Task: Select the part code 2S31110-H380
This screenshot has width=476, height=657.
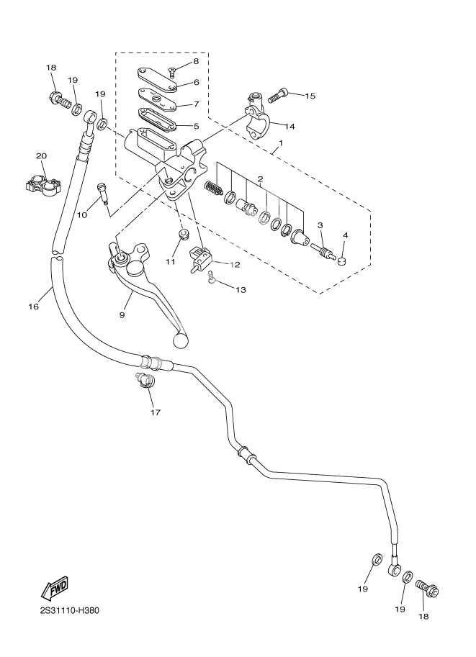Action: pos(69,612)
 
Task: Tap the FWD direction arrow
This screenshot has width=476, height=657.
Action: pos(55,588)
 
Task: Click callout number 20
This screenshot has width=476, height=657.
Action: pos(41,155)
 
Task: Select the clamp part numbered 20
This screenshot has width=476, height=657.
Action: pos(41,183)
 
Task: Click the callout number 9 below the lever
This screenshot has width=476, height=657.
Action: pos(122,314)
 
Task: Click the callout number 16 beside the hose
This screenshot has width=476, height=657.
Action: pos(33,307)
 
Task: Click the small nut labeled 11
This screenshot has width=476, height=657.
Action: pos(183,235)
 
